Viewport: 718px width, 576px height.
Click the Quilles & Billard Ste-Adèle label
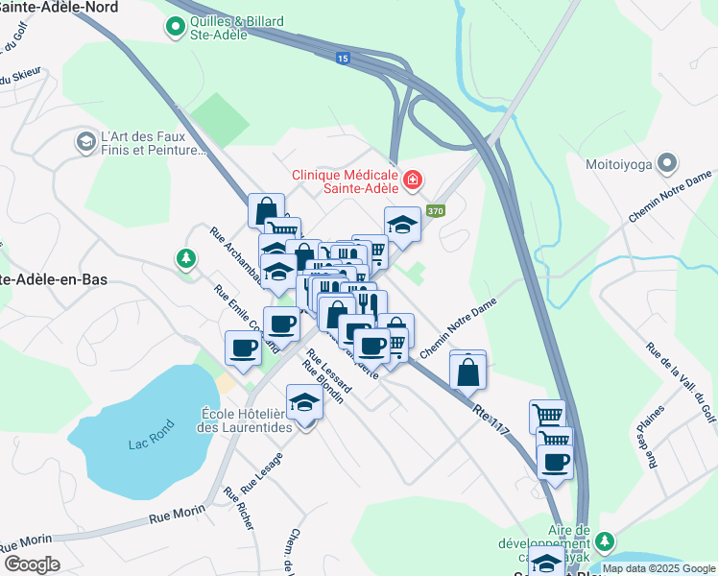tap(219, 27)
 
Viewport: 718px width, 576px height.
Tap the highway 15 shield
tap(343, 59)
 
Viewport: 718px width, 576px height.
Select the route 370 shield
tap(436, 211)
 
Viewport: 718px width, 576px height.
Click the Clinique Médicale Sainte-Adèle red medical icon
tap(412, 180)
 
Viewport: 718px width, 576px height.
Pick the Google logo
tap(32, 564)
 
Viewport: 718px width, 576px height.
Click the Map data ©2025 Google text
tap(658, 568)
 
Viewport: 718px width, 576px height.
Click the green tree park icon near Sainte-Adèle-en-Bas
tap(184, 258)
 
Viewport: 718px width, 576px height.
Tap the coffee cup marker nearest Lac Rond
tap(243, 347)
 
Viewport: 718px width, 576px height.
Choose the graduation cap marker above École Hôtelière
tap(304, 401)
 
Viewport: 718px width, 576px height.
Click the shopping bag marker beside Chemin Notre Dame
tap(467, 370)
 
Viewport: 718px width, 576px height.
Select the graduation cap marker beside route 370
tap(403, 224)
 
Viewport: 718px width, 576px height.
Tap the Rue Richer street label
tap(239, 508)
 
